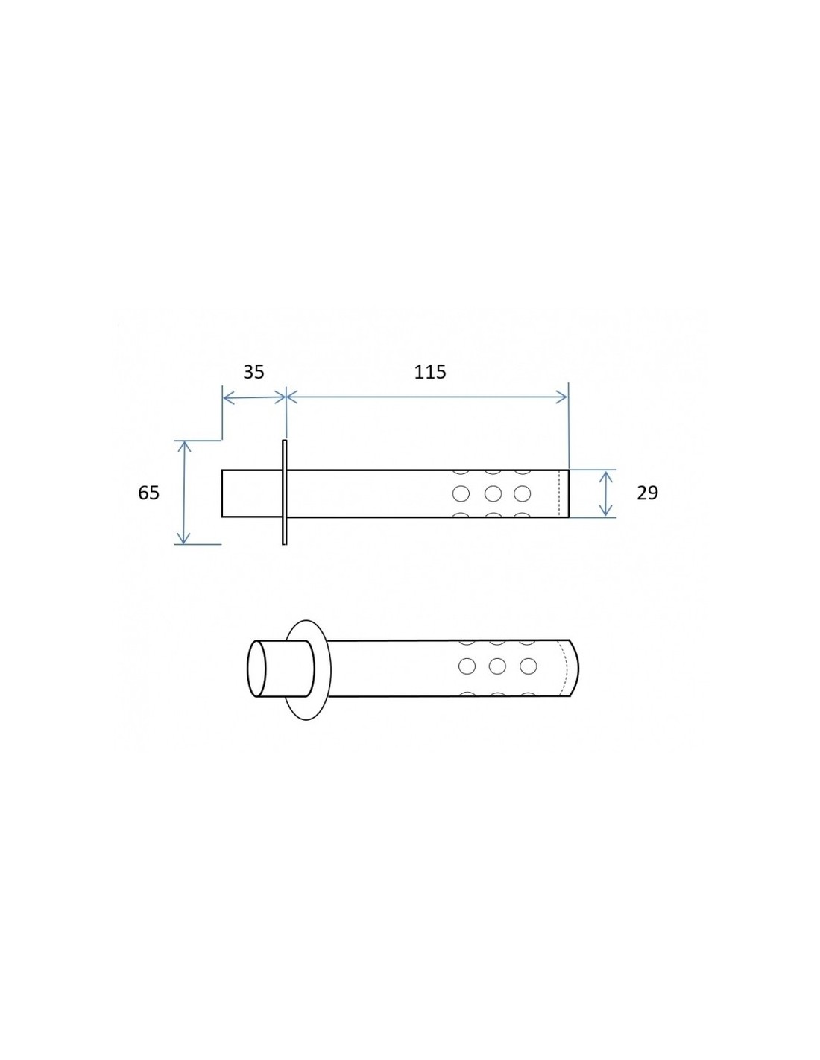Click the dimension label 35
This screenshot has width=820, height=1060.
point(253,372)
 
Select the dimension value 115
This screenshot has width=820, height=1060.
point(430,372)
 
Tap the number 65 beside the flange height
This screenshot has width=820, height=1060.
point(148,493)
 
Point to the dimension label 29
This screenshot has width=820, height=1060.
point(647,493)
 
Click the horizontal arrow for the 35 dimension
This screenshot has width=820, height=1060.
point(254,397)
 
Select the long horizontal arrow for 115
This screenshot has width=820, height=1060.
point(427,397)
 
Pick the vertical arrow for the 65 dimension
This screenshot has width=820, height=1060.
point(183,492)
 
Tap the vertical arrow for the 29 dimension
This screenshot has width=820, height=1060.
point(605,493)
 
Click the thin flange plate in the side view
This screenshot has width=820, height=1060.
point(284,492)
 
